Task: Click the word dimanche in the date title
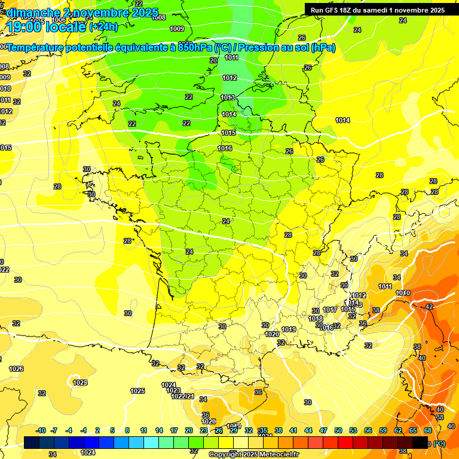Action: coord(32,13)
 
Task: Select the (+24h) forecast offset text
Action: coord(103,27)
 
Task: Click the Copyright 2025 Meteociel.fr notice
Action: coord(253,454)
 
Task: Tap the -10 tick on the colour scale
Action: coord(41,430)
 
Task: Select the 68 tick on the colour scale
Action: coord(428,430)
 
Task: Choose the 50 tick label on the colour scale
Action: coord(338,430)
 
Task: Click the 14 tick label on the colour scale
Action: coord(159,430)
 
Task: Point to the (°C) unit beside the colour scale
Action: coord(439,444)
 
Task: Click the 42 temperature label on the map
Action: coord(429,306)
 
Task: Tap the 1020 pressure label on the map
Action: coord(272,334)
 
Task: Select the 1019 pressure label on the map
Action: coord(289,329)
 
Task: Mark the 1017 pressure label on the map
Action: coord(330,310)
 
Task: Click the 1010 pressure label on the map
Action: coord(403,293)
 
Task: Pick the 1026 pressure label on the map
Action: coord(16,369)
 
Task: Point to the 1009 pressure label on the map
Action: coord(177,29)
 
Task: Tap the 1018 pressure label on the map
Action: coord(316,319)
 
